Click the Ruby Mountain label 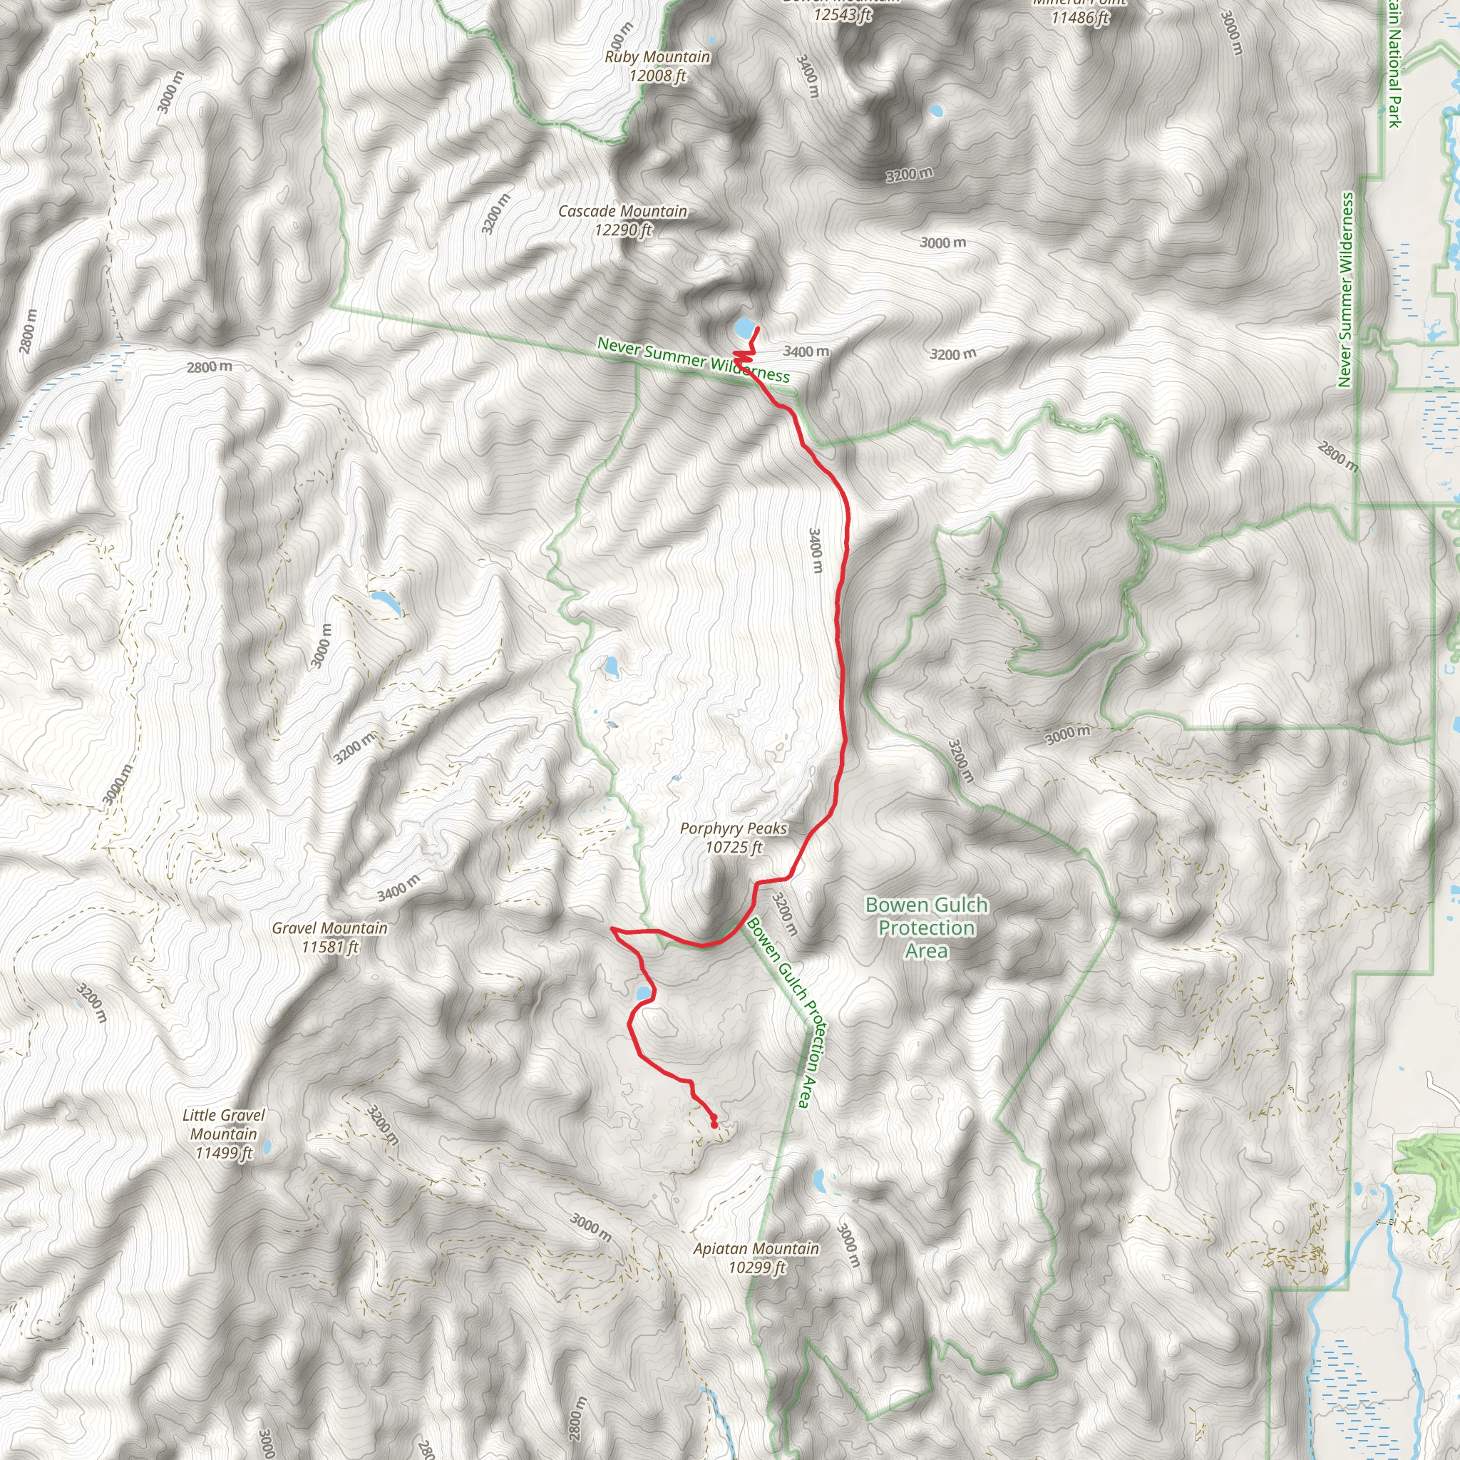[x=657, y=58]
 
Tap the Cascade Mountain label [x=622, y=212]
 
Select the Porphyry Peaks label [x=733, y=829]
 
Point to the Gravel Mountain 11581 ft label [x=330, y=937]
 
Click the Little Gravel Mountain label [x=224, y=1124]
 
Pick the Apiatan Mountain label [x=756, y=1249]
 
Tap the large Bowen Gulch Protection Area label [x=927, y=927]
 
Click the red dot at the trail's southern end [x=714, y=1125]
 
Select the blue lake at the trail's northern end [x=744, y=329]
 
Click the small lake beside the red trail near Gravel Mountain [x=643, y=993]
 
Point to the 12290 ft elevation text [x=622, y=230]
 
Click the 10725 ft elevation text [x=733, y=848]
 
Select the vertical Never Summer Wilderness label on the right [x=1345, y=290]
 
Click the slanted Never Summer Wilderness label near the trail [x=693, y=361]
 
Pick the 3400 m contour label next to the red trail [x=815, y=550]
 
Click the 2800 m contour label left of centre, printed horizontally [x=210, y=367]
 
